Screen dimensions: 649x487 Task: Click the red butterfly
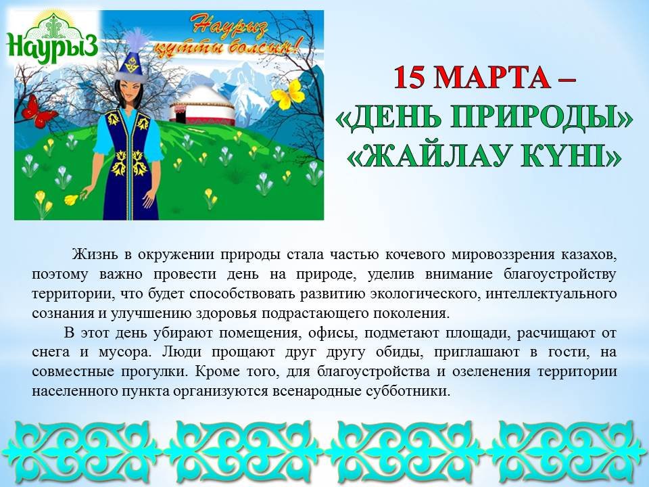click(39, 112)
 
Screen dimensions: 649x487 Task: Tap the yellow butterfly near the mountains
click(288, 95)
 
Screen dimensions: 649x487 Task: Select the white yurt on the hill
click(201, 106)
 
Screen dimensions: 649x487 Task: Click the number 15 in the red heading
click(410, 76)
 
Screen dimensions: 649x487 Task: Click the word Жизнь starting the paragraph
click(97, 254)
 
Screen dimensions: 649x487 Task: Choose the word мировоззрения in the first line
click(503, 255)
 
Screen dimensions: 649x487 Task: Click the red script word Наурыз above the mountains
click(230, 27)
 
